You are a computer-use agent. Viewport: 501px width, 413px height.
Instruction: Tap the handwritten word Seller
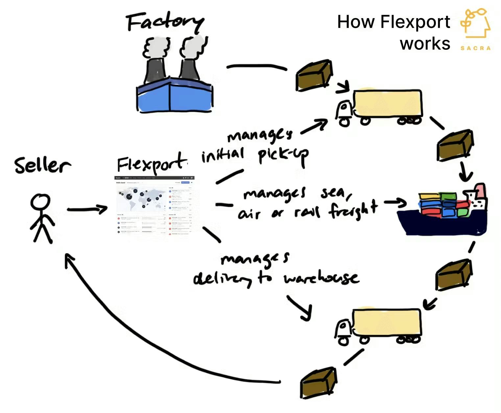point(42,165)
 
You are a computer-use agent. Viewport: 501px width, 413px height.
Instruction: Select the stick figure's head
point(40,202)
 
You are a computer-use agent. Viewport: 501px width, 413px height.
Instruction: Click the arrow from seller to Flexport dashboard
point(87,209)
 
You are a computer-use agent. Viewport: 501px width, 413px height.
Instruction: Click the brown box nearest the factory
point(313,76)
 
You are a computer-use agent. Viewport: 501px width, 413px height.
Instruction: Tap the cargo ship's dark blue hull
point(441,224)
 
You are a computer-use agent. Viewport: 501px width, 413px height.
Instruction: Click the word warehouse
point(321,279)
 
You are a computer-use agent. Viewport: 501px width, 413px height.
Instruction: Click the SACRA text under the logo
point(475,48)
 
